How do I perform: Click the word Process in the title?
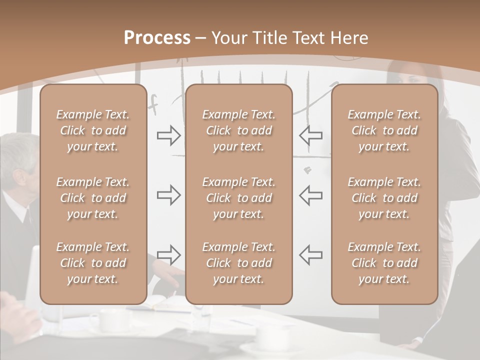coord(157,38)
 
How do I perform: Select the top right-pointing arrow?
coord(168,135)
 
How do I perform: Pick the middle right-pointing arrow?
coord(168,195)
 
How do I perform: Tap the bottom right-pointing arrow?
coord(168,255)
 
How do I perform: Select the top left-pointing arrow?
coord(311,135)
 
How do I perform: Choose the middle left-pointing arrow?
coord(311,195)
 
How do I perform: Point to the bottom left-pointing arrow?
coord(311,255)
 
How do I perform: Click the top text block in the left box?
coord(93,130)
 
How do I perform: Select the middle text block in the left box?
coord(93,198)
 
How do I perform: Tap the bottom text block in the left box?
coord(93,263)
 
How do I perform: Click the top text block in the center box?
coord(238,130)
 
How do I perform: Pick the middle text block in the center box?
coord(238,198)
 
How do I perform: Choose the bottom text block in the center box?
coord(238,263)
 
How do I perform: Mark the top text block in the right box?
coord(384,130)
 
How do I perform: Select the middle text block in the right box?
coord(384,198)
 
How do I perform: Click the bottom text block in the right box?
coord(384,263)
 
